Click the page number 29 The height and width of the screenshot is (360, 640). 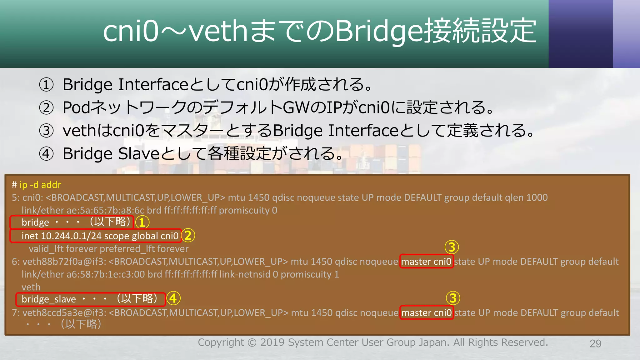[x=595, y=343]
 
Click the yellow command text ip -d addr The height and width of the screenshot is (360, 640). [x=40, y=185]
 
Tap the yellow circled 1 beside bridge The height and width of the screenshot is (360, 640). [x=142, y=222]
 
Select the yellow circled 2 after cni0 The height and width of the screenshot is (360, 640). [x=188, y=235]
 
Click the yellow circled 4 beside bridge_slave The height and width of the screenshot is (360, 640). [x=173, y=298]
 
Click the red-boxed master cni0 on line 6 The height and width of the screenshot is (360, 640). [x=426, y=261]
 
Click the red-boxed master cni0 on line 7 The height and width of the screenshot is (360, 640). [x=427, y=312]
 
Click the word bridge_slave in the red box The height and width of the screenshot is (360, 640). [x=49, y=299]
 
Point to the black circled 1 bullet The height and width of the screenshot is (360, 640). [x=46, y=85]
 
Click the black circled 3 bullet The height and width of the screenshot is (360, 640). [x=46, y=131]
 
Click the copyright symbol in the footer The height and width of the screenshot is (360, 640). [x=252, y=343]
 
